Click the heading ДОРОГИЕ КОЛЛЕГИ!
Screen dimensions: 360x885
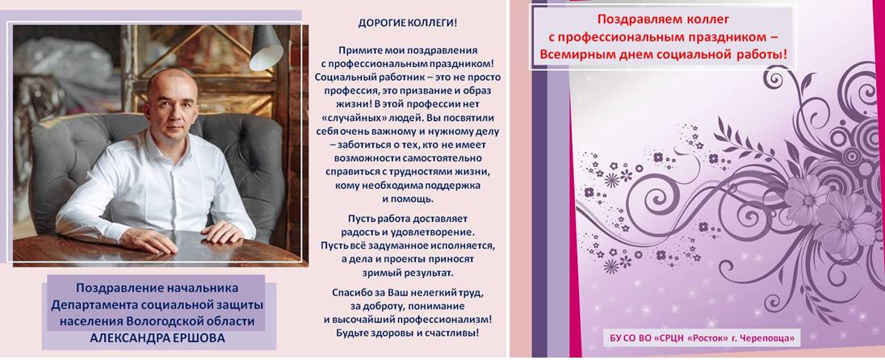point(408,23)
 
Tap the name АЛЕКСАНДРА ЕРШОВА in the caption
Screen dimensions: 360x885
point(158,337)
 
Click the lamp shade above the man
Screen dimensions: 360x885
point(266,48)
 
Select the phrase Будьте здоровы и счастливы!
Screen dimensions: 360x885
point(408,333)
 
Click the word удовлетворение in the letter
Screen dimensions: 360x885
point(431,232)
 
